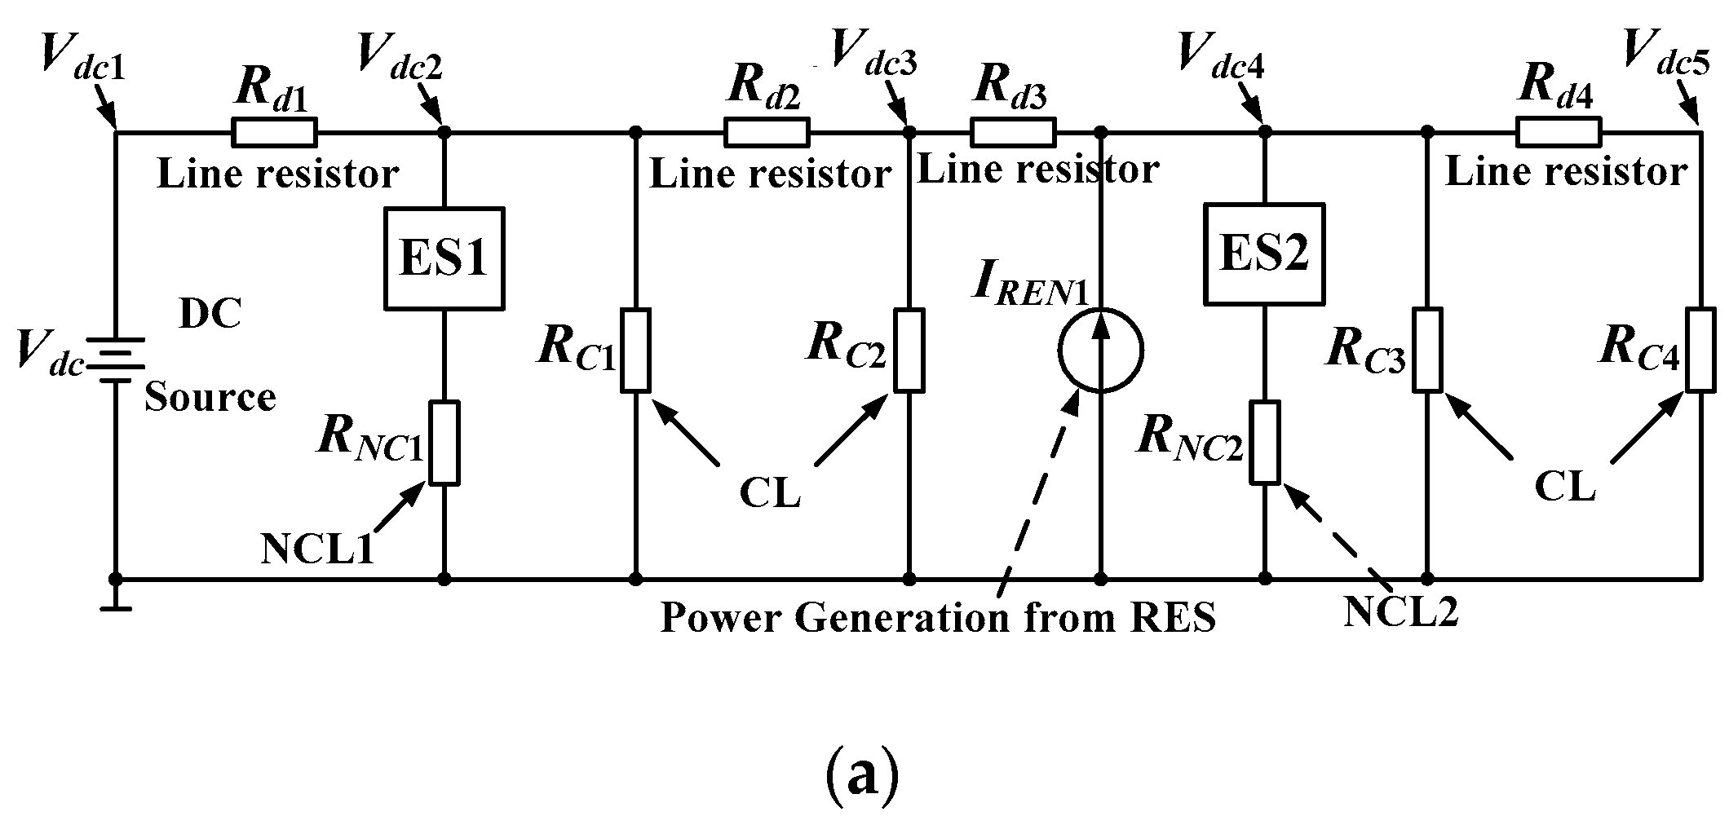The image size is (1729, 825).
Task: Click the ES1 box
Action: tap(444, 258)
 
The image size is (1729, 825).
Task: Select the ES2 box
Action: tap(1263, 254)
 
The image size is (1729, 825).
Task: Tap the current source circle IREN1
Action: tap(1100, 351)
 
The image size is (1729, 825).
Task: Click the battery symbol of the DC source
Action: tap(115, 360)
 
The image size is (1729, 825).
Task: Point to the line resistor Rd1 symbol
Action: tap(274, 131)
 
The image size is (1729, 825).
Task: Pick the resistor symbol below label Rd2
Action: tap(767, 131)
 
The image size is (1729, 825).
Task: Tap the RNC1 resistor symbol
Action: tap(444, 443)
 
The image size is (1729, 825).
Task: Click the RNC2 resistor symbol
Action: tap(1265, 442)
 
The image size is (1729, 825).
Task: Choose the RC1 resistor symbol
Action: tap(636, 351)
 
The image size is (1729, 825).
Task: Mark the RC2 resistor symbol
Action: tap(909, 351)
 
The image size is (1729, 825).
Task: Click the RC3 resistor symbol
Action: tap(1428, 350)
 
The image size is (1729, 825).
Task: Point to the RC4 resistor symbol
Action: tap(1701, 350)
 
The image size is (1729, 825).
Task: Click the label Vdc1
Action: tap(82, 59)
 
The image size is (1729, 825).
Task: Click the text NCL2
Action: tap(1400, 611)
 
